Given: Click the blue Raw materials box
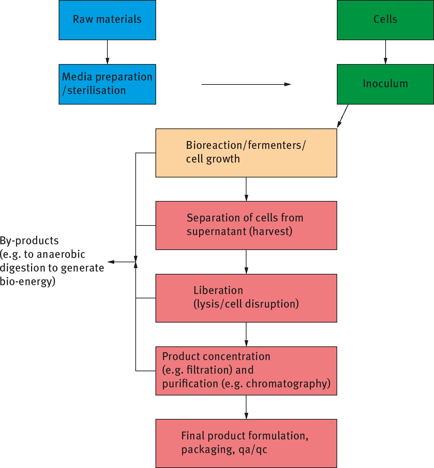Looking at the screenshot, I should coord(107,20).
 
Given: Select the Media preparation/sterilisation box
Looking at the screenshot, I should coord(107,84).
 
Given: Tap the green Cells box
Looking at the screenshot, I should coord(385,20).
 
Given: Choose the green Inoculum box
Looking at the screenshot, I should coord(385,84).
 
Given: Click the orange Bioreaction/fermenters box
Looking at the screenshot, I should coord(246,153).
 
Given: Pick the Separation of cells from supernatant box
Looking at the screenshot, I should coord(246,225).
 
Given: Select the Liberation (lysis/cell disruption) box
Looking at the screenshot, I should coord(246,298).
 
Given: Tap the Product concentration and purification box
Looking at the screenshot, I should coord(246,371).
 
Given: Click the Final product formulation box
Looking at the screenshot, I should coord(246,443).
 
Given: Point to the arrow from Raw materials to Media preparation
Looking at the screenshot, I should coord(107,52).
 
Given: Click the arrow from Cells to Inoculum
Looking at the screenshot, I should coord(386,52).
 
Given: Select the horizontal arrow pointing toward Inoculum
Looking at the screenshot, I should coord(246,84).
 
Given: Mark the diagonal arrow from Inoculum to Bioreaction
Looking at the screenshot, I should coord(343,116).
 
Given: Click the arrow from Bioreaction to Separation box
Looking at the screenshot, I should coord(246,189).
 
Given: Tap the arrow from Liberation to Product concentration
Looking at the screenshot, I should coord(246,334).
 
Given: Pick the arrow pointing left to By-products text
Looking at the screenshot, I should coord(121,262).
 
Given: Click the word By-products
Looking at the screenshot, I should coord(29,241).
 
